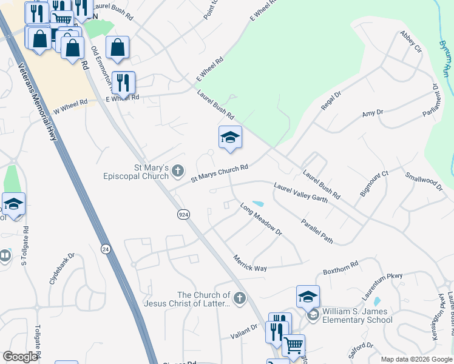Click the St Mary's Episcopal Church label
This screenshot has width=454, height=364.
point(134,172)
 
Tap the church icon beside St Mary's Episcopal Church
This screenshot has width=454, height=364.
point(178,171)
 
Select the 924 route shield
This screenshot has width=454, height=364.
point(183,215)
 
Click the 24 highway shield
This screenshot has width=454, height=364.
point(106,249)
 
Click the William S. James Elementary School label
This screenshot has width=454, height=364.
point(357,315)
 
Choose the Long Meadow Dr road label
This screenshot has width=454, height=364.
point(262,220)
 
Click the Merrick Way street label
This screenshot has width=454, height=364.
point(250,264)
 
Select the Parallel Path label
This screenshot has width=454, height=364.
point(317,230)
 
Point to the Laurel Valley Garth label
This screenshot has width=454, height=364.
point(301,192)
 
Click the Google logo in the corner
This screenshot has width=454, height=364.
point(20,357)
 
